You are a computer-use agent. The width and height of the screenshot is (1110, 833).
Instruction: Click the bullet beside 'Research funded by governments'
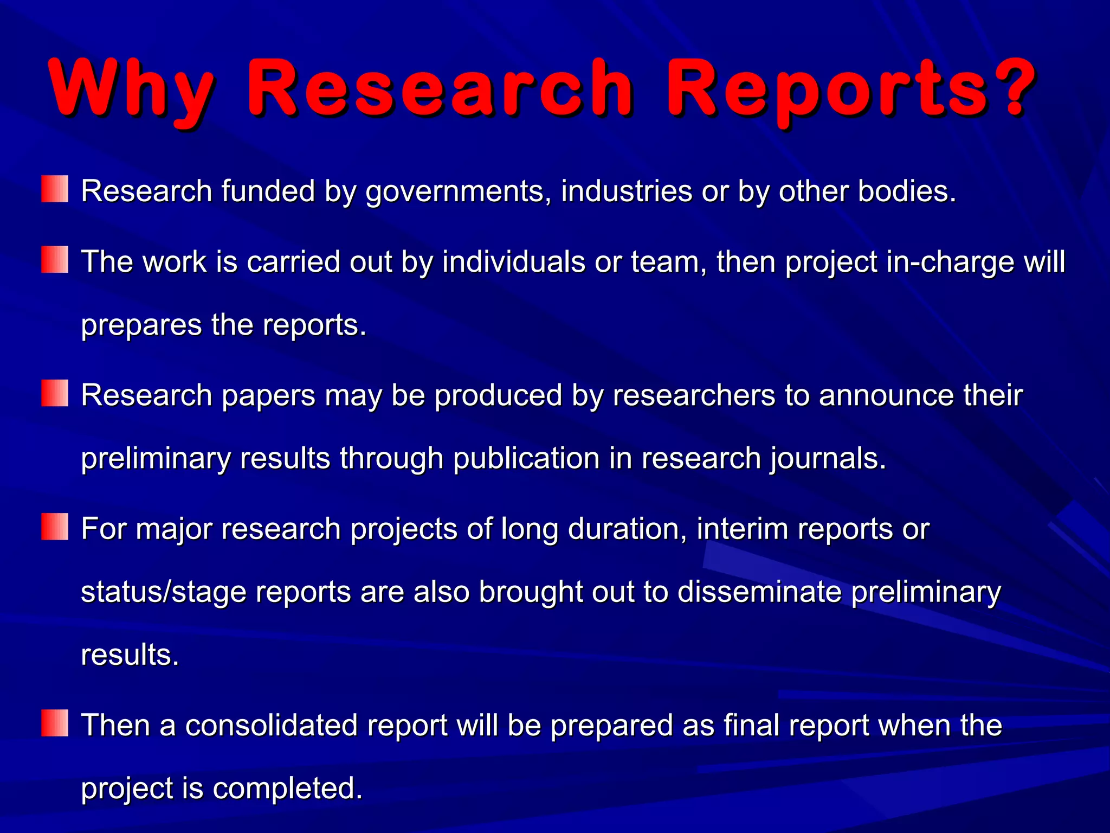coord(55,189)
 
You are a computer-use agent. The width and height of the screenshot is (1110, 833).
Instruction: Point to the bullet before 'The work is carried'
coord(55,259)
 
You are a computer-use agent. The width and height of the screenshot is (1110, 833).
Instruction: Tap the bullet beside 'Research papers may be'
coord(55,393)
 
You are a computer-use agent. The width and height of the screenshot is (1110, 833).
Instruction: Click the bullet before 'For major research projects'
coord(55,527)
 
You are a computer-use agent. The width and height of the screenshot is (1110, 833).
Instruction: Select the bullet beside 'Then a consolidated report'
coord(55,723)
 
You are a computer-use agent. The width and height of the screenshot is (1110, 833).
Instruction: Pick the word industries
coord(627,191)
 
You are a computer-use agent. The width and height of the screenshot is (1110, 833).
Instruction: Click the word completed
coord(287,789)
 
